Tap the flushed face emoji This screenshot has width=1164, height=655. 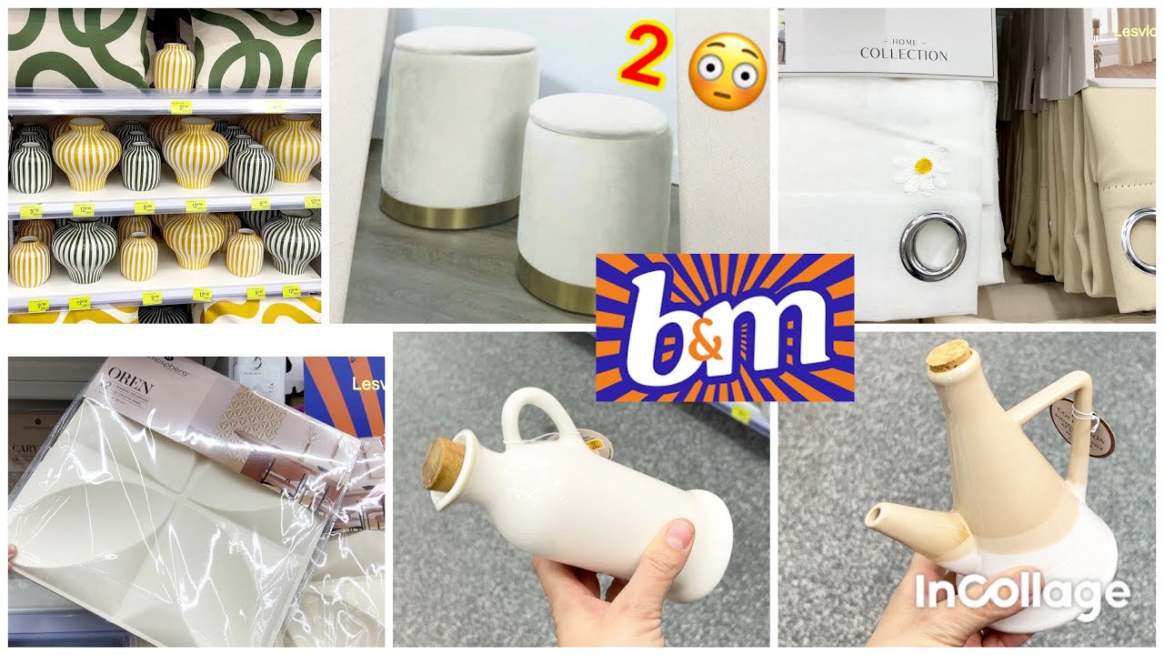727,67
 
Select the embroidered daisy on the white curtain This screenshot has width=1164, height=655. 923,167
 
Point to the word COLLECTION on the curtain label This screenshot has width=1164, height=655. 903,55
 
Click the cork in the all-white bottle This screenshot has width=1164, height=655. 444,465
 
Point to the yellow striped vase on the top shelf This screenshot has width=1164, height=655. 173,66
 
